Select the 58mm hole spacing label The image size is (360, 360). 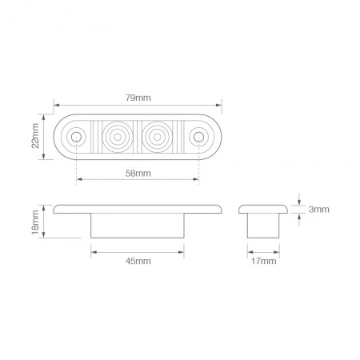pos(138,174)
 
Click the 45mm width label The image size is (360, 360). pos(138,261)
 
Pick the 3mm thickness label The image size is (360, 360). pos(319,210)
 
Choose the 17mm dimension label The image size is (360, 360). pos(264,261)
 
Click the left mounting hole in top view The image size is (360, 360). pos(76,137)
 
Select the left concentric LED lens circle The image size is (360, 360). pos(118,137)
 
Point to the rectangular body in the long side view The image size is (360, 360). pos(138,226)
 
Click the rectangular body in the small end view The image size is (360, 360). pos(264,226)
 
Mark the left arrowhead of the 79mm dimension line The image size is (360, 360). pos(57,104)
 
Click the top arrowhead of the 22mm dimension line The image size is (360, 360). pos(46,119)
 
